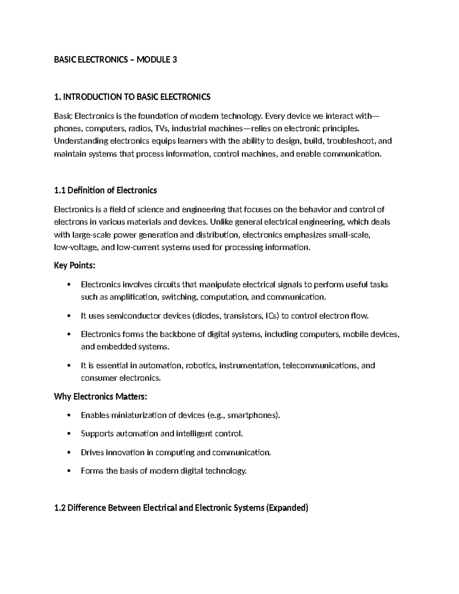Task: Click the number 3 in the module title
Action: (x=174, y=60)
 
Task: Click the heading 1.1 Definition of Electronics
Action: (x=105, y=190)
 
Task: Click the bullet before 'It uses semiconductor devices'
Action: (x=69, y=316)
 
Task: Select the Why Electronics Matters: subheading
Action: (x=100, y=396)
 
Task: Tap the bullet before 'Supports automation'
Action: (x=69, y=434)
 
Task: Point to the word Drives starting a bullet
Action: (x=92, y=452)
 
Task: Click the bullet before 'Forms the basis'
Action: (x=69, y=471)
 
